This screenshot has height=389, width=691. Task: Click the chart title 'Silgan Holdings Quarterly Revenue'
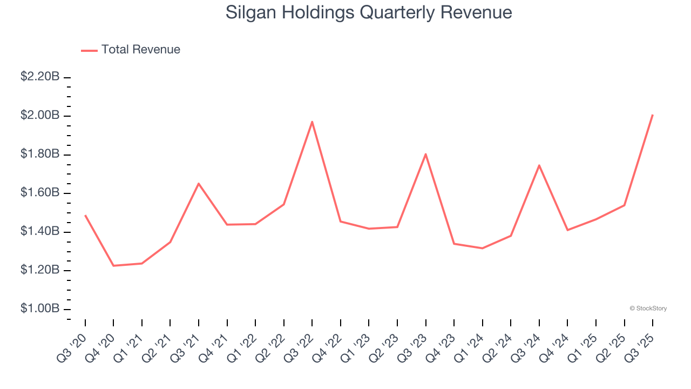click(369, 12)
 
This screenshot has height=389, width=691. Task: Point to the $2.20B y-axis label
click(40, 77)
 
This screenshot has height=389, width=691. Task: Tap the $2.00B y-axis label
click(40, 116)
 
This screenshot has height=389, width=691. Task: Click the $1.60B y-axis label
click(40, 193)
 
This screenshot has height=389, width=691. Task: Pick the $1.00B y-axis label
click(40, 308)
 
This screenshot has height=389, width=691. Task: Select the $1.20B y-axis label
click(40, 270)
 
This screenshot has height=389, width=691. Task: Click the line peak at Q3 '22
click(312, 122)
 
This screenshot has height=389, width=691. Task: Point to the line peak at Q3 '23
click(426, 154)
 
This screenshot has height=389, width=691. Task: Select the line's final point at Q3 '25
click(653, 115)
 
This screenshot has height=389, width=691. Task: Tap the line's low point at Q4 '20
click(113, 266)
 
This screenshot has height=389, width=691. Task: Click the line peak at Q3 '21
click(199, 184)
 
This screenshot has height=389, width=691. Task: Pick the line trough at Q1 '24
click(482, 249)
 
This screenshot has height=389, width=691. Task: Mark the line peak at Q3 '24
click(539, 165)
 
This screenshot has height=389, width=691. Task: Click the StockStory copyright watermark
click(648, 308)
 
